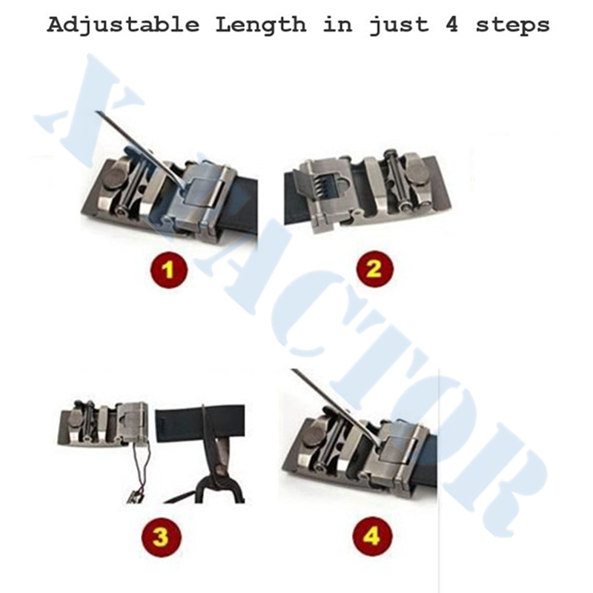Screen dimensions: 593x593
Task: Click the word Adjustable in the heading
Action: (123, 25)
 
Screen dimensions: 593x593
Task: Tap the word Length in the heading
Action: (261, 24)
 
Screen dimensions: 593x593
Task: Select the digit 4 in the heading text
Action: (452, 24)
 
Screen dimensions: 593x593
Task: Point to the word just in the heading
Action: (399, 25)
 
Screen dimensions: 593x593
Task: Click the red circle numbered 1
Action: (169, 270)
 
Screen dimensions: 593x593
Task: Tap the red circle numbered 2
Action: (374, 268)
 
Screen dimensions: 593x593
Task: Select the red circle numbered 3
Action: (162, 537)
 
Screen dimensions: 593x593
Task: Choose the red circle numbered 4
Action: (372, 536)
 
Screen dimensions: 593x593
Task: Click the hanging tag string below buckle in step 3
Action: (139, 474)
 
